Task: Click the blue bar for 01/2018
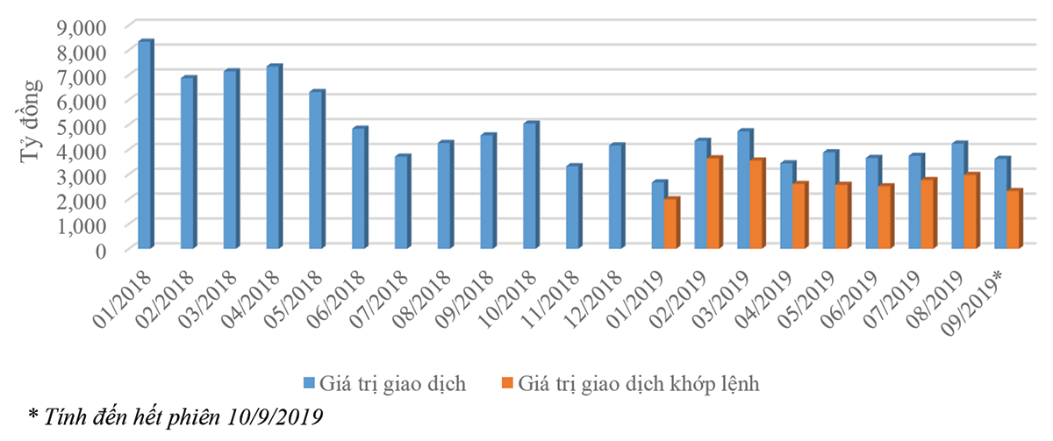(x=145, y=146)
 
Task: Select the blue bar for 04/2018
(x=273, y=158)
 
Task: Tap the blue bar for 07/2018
(x=401, y=203)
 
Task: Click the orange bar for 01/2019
(x=670, y=224)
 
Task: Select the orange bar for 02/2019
(x=713, y=203)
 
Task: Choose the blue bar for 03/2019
(x=743, y=190)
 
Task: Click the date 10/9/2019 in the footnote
(x=275, y=417)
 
